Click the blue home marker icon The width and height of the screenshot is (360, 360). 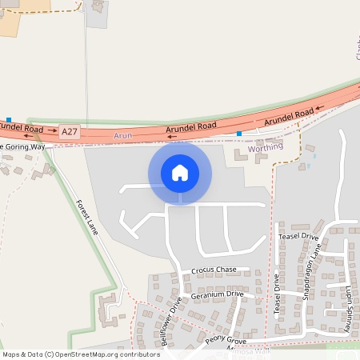pyautogui.click(x=180, y=173)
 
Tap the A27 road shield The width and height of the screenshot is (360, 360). pyautogui.click(x=70, y=130)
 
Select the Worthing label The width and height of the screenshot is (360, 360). pyautogui.click(x=266, y=148)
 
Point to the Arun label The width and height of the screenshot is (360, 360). pyautogui.click(x=122, y=137)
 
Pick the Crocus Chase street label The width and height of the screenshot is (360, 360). pyautogui.click(x=214, y=270)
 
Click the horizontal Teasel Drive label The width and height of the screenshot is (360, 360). pyautogui.click(x=298, y=238)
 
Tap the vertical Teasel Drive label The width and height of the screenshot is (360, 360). pyautogui.click(x=277, y=294)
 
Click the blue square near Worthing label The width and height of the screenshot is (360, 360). pyautogui.click(x=238, y=134)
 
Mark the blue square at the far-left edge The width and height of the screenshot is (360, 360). pyautogui.click(x=8, y=119)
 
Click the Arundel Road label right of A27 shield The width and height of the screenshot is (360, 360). pyautogui.click(x=191, y=126)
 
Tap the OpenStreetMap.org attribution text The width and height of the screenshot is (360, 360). pyautogui.click(x=107, y=354)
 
